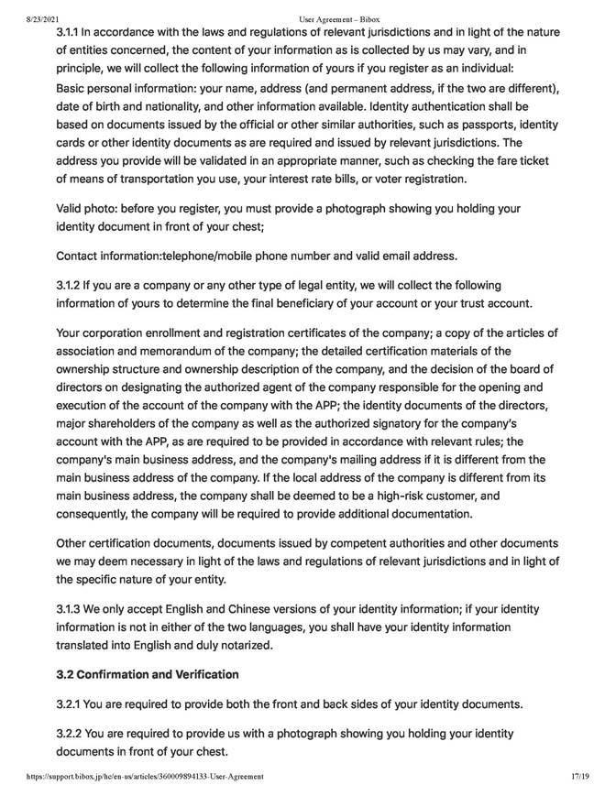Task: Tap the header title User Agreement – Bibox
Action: click(339, 18)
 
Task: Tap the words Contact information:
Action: click(108, 254)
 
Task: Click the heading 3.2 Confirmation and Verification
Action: click(148, 675)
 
